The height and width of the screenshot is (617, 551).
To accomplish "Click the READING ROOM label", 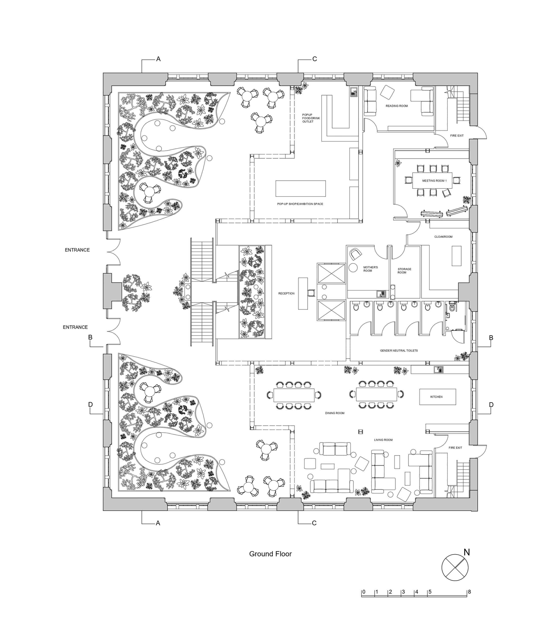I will click(x=396, y=106).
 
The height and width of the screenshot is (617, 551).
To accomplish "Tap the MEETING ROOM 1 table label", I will click(x=434, y=181).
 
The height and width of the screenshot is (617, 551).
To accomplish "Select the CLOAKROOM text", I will click(x=443, y=237).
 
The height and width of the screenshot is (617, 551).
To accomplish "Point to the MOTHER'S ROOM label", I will click(x=370, y=269).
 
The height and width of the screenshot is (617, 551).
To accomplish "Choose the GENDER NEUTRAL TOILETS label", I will click(x=398, y=351).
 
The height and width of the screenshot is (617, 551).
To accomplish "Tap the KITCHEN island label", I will click(x=436, y=397).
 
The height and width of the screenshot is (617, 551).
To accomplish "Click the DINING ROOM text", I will click(x=335, y=413).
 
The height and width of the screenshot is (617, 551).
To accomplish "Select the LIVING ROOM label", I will click(x=383, y=440).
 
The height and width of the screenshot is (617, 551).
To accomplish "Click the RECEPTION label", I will click(x=286, y=293).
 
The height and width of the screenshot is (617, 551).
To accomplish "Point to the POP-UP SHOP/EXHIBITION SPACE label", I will click(x=300, y=204).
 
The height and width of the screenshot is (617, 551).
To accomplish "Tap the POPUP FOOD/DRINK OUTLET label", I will click(x=311, y=118).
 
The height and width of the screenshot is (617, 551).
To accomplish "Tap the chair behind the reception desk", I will click(x=311, y=293).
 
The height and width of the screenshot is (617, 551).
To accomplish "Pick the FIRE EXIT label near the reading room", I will click(x=456, y=136).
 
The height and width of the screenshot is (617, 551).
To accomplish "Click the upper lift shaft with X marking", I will click(x=331, y=273).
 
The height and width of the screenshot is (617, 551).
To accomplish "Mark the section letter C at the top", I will click(x=315, y=59).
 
